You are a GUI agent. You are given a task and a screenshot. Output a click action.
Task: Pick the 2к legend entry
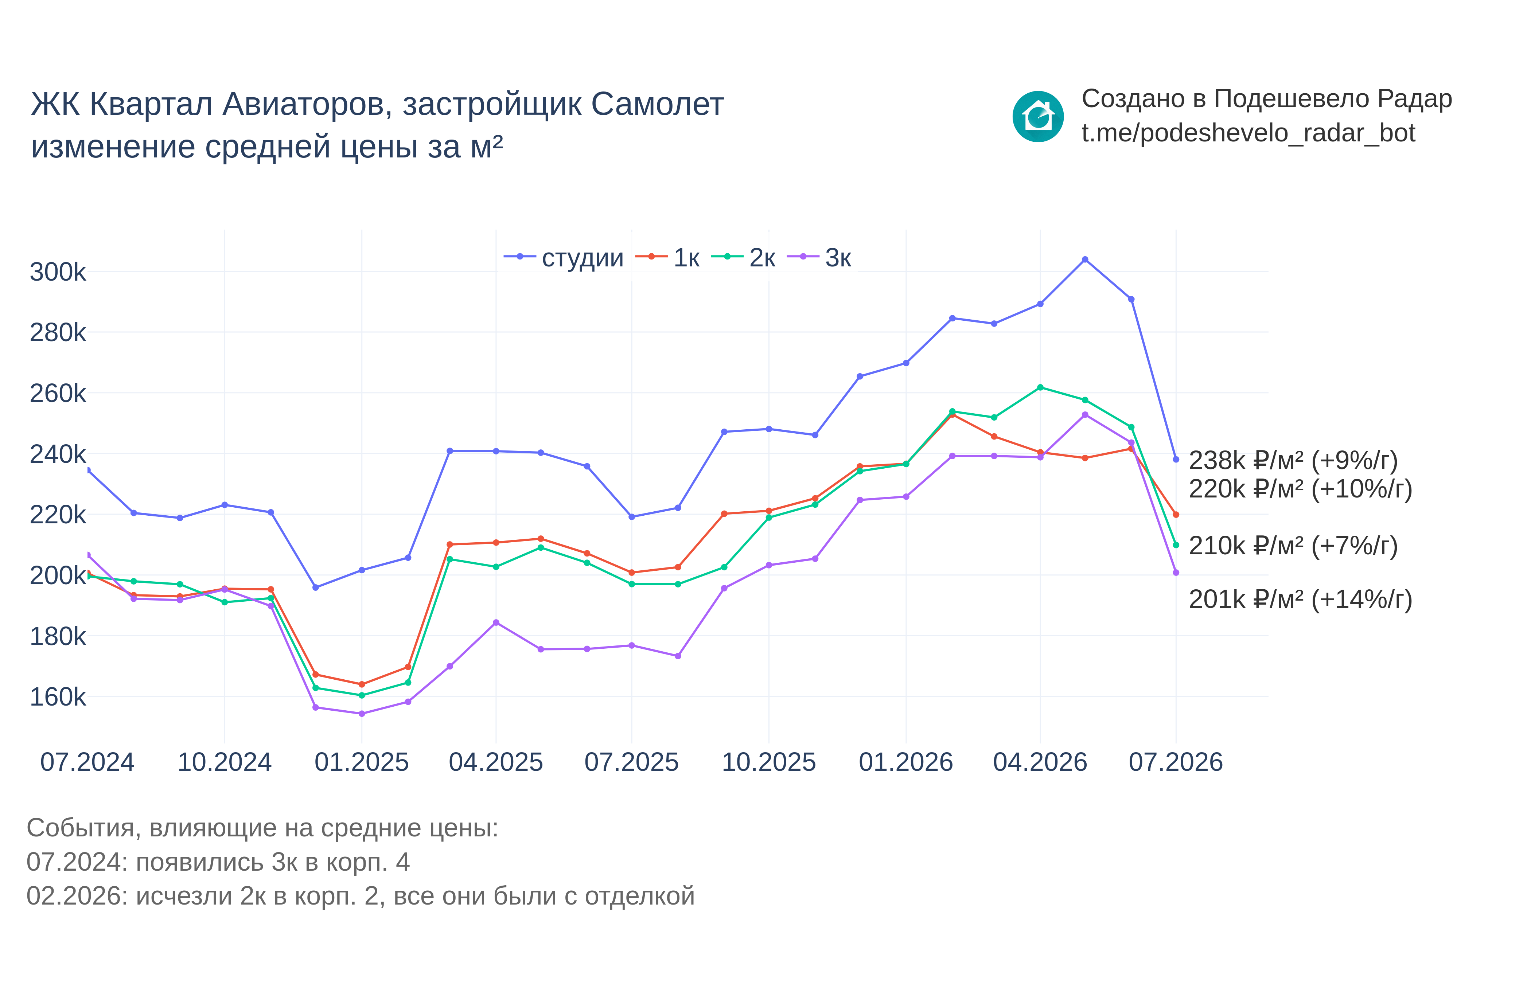point(743,258)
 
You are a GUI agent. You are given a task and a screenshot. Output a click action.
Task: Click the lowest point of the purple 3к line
point(362,714)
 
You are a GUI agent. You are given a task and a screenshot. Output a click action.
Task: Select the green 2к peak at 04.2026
point(1040,387)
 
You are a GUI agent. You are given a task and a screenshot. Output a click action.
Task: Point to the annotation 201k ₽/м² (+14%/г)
point(1300,600)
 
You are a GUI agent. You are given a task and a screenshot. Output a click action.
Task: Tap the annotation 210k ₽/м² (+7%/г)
point(1293,546)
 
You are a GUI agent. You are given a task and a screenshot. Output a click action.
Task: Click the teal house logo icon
point(1038,117)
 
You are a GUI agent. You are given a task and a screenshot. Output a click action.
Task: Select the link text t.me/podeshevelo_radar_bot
point(1248,133)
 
